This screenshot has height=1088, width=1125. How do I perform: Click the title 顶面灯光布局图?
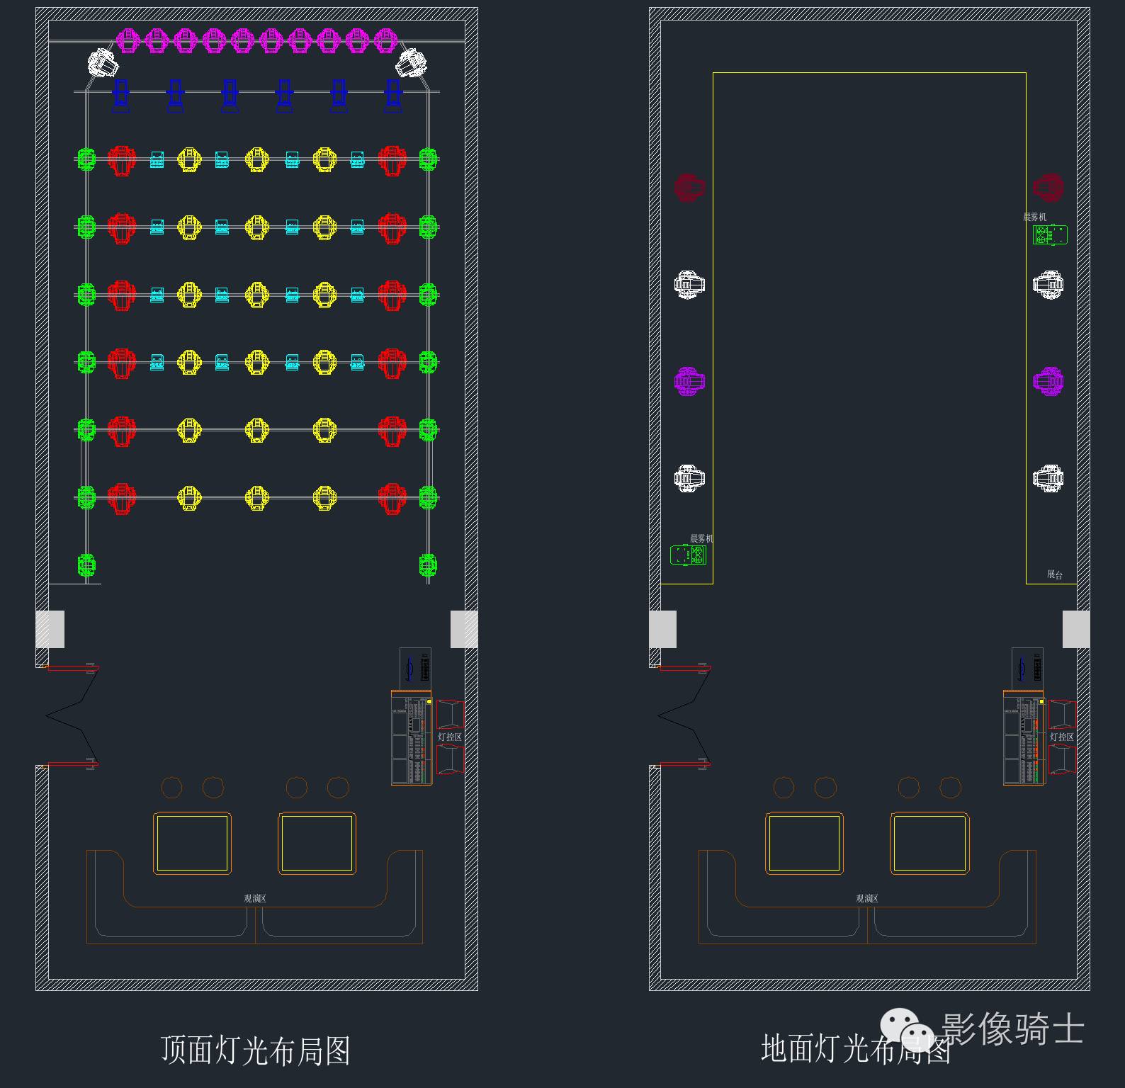pyautogui.click(x=256, y=1050)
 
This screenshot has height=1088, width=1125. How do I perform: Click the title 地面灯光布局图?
pyautogui.click(x=856, y=1048)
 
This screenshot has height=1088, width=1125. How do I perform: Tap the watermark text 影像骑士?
pyautogui.click(x=1013, y=1028)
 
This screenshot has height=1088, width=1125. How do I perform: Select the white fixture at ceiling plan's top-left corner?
pyautogui.click(x=103, y=62)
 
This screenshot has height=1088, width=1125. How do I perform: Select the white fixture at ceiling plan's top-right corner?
pyautogui.click(x=411, y=62)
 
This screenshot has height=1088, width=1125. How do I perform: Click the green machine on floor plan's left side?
pyautogui.click(x=688, y=555)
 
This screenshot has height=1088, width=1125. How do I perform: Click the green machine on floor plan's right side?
pyautogui.click(x=1050, y=234)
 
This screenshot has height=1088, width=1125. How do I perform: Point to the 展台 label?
pyautogui.click(x=1055, y=574)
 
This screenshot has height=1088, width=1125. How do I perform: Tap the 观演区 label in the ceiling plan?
pyautogui.click(x=255, y=898)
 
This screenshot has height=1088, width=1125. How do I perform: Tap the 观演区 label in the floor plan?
pyautogui.click(x=867, y=898)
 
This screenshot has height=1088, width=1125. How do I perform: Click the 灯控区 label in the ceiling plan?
pyautogui.click(x=450, y=737)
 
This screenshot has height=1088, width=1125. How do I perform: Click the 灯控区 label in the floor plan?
pyautogui.click(x=1062, y=737)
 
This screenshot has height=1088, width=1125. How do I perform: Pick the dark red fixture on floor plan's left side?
pyautogui.click(x=689, y=188)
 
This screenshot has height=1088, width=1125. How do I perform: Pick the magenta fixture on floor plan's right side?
pyautogui.click(x=1048, y=381)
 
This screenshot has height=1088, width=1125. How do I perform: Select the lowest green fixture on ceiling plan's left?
pyautogui.click(x=86, y=565)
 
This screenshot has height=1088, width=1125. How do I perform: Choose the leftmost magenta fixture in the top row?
pyautogui.click(x=128, y=40)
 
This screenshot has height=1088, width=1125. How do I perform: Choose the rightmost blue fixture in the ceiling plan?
pyautogui.click(x=393, y=95)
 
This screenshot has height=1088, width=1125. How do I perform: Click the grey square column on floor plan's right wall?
pyautogui.click(x=1076, y=629)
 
